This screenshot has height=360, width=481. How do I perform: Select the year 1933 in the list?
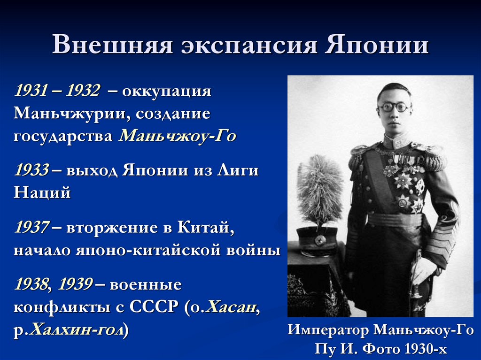(31, 170)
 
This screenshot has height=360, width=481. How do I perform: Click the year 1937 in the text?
(31, 228)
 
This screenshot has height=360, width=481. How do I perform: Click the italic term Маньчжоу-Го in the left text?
(177, 136)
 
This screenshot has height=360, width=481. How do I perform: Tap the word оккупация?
(167, 90)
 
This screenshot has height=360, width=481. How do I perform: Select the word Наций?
(42, 192)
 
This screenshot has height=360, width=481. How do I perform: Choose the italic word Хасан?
(232, 307)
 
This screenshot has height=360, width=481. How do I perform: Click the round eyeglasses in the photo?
(394, 107)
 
